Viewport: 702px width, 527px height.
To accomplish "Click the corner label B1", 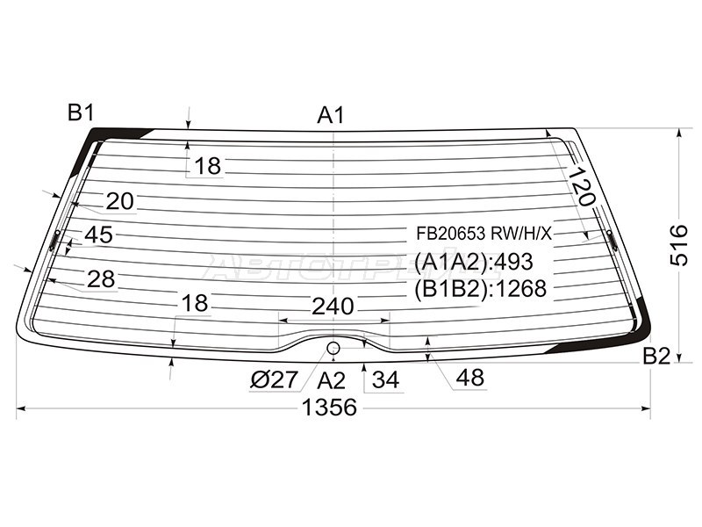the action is (x=81, y=112).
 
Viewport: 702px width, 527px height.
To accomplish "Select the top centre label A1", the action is (x=331, y=115).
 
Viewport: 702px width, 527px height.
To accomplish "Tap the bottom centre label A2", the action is (x=332, y=381).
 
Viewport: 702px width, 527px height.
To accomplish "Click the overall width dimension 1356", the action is (x=330, y=408).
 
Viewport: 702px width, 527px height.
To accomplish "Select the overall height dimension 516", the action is (x=679, y=245).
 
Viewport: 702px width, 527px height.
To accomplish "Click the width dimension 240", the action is (x=333, y=307).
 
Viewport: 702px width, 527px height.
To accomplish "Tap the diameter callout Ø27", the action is (x=274, y=380).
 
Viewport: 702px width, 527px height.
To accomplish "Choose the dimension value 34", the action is (x=385, y=380).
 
